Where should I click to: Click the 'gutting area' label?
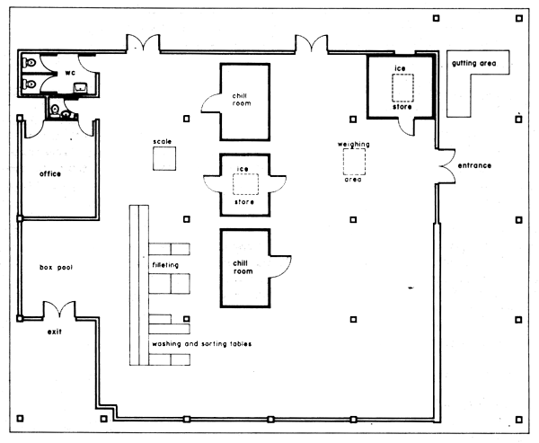(x=477, y=64)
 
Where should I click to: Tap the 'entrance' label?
(x=476, y=167)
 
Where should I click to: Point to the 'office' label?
(x=49, y=173)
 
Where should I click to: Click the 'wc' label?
(x=69, y=72)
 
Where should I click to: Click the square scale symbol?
(x=163, y=159)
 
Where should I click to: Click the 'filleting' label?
(x=164, y=266)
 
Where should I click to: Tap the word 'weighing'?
(x=354, y=144)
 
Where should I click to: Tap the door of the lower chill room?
(x=281, y=266)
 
